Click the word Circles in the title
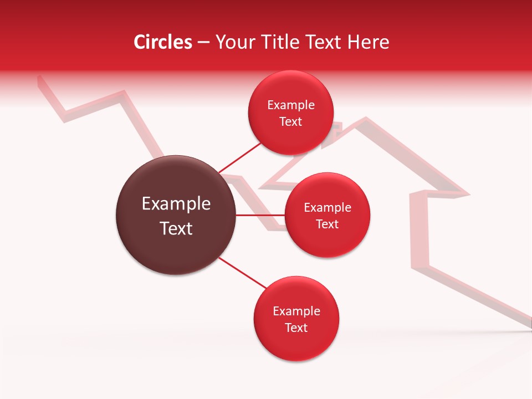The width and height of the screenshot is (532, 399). coord(163,42)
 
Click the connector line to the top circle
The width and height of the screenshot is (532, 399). coord(239,157)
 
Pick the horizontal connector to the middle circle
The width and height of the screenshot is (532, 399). coord(260,214)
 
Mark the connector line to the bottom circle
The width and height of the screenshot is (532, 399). coord(242,273)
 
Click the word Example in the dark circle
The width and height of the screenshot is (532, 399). coord(176,204)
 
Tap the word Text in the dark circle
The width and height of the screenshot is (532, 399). coord(176,228)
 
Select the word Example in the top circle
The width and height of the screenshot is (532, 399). coord(291,105)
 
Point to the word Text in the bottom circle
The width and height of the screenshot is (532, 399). coord(296,328)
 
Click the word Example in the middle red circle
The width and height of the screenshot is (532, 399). coord(328,208)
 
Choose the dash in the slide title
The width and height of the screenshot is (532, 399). coord(203,42)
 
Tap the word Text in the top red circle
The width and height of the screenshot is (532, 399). coord(290,121)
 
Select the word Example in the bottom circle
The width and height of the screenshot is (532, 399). coord(296,311)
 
